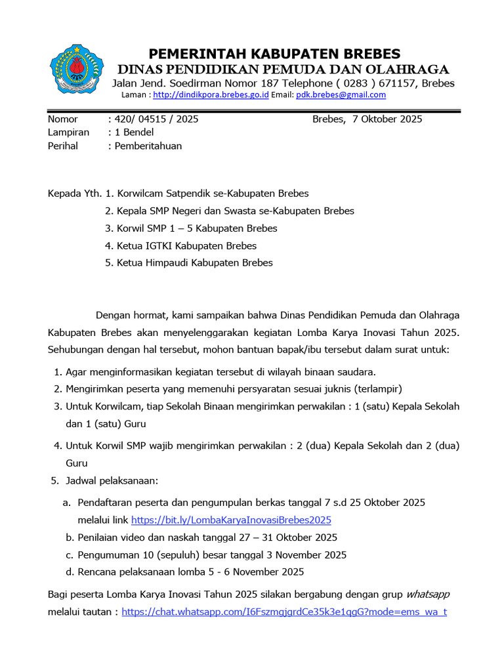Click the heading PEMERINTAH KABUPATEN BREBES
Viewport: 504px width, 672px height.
[x=274, y=54]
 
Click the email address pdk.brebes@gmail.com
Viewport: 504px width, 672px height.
[x=341, y=94]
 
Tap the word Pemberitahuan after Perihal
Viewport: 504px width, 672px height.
[x=148, y=146]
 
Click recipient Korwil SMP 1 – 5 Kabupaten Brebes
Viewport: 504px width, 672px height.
[x=197, y=228]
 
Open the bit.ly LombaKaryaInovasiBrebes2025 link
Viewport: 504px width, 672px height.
[x=231, y=520]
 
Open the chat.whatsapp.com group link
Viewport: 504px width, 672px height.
[x=284, y=612]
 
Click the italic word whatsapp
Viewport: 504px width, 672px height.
[x=428, y=595]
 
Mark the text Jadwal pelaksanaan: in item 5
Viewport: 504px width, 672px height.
[x=112, y=481]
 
